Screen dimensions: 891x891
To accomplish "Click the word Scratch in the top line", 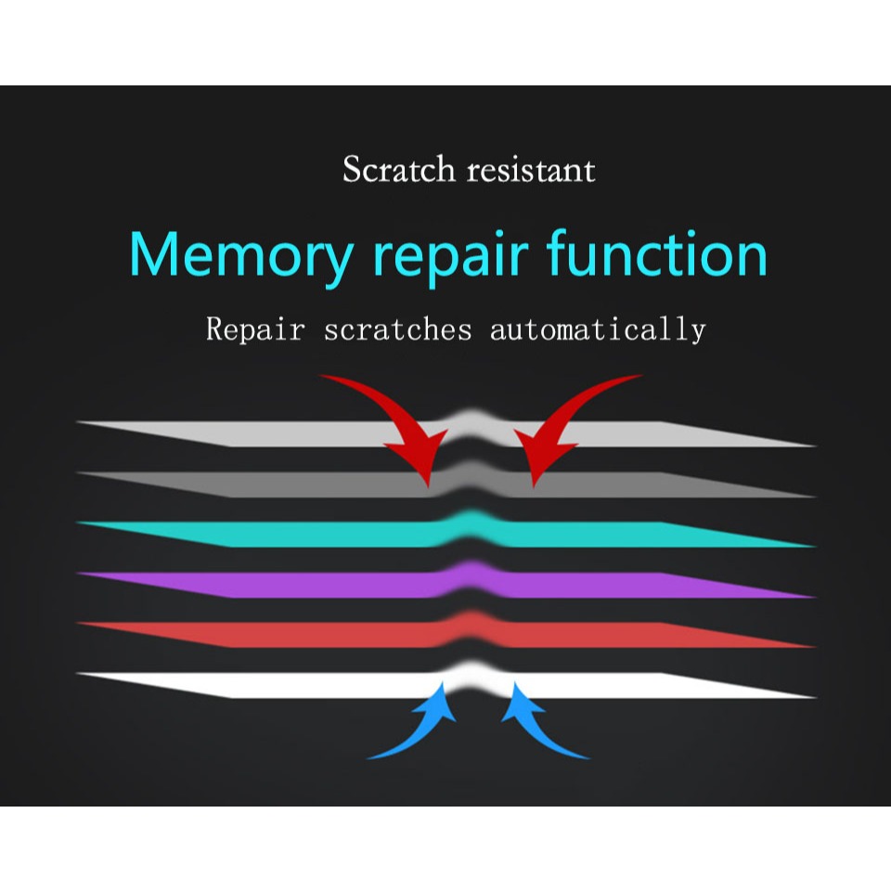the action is [399, 169].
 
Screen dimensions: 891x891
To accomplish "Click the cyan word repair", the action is [450, 257].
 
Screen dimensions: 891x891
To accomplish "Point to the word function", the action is [657, 253].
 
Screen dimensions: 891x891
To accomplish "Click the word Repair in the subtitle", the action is [255, 329].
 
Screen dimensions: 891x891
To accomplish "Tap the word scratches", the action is [398, 329].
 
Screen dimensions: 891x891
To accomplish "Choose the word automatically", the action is [597, 330].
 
